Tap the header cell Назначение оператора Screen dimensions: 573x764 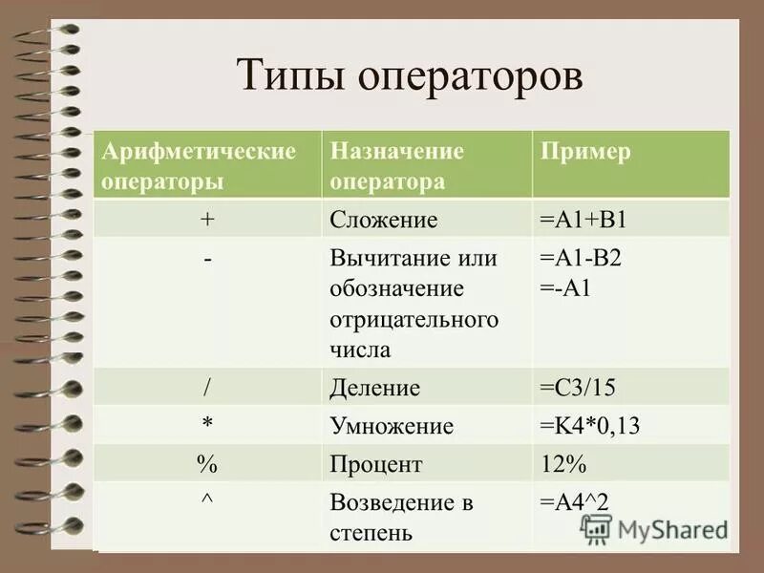pos(426,165)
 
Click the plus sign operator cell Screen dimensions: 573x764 pos(207,220)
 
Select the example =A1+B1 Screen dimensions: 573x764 pos(583,221)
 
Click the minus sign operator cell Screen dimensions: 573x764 pos(207,259)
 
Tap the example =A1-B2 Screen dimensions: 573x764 pos(581,259)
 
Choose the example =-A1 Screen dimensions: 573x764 pos(566,288)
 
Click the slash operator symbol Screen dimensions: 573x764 pos(207,387)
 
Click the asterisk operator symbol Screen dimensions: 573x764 pos(207,424)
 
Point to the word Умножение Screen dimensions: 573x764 pos(392,426)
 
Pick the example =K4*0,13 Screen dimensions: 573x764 pos(589,426)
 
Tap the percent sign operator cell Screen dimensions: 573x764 pos(207,464)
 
